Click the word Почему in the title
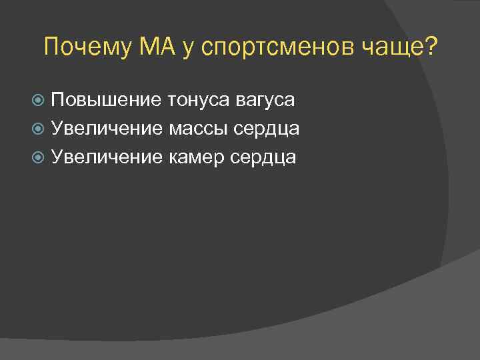click(x=87, y=47)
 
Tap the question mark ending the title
click(x=431, y=47)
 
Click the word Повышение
click(x=106, y=100)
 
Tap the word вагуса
click(x=265, y=101)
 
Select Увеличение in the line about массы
click(x=107, y=129)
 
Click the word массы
click(x=197, y=129)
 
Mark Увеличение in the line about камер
click(x=107, y=157)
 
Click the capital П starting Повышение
click(x=58, y=100)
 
